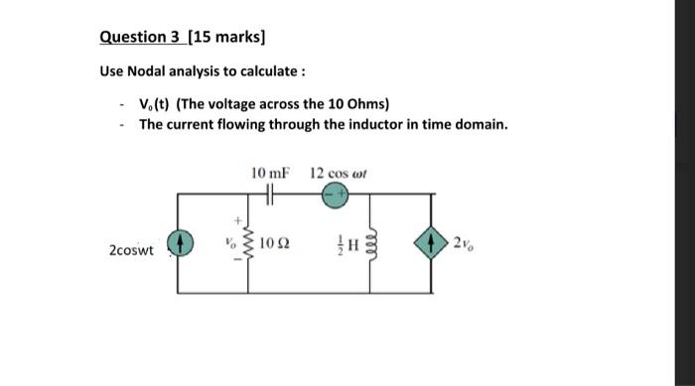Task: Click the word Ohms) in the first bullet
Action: (x=370, y=104)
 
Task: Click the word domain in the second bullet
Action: (x=480, y=125)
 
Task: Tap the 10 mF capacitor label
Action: (x=270, y=173)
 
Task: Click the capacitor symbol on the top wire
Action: (x=270, y=196)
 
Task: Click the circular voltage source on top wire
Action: (x=334, y=196)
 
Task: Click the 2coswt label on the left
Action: (x=132, y=251)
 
